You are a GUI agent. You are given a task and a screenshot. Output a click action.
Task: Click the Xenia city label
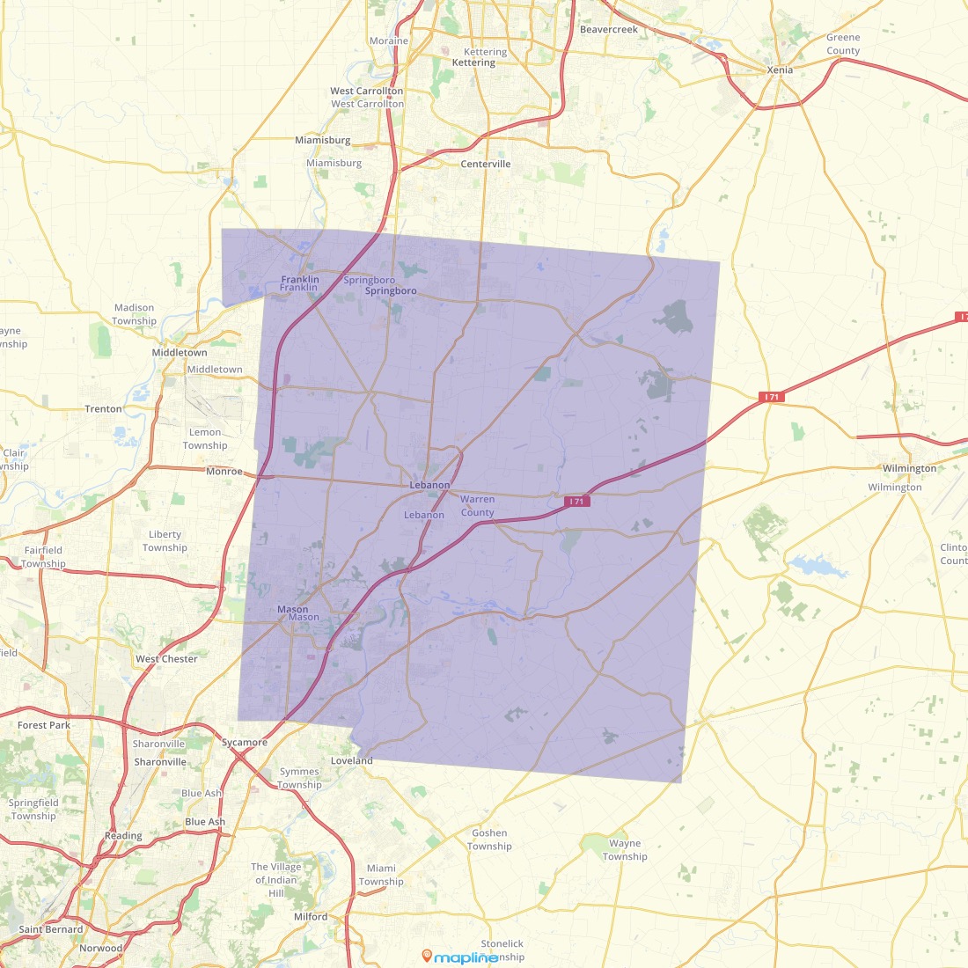(780, 70)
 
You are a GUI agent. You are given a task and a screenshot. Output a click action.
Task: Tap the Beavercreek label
(609, 30)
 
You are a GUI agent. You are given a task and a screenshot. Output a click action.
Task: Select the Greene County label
(843, 44)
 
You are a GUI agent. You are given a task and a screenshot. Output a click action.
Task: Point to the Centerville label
(486, 165)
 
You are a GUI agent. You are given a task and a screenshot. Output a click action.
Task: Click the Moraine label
(389, 41)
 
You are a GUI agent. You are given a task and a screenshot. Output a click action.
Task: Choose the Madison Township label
(135, 314)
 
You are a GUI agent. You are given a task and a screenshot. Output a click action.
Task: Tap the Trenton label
(103, 409)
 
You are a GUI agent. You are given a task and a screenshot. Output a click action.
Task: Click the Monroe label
(224, 472)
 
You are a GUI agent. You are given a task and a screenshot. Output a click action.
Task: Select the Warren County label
(478, 506)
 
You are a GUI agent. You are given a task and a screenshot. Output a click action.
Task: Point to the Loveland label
(352, 761)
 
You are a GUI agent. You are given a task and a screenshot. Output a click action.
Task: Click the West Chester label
(166, 659)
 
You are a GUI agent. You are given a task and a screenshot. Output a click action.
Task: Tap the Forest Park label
(44, 726)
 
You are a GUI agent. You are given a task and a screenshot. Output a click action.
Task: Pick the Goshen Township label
(489, 840)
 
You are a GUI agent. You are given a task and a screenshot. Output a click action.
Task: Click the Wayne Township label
(625, 850)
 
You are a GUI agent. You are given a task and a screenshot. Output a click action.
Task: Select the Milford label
(311, 917)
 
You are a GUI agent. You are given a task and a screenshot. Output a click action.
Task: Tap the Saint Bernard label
(51, 929)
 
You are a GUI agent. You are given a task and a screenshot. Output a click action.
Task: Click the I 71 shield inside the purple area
(576, 502)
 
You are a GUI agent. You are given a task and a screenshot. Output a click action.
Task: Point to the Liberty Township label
(165, 541)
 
